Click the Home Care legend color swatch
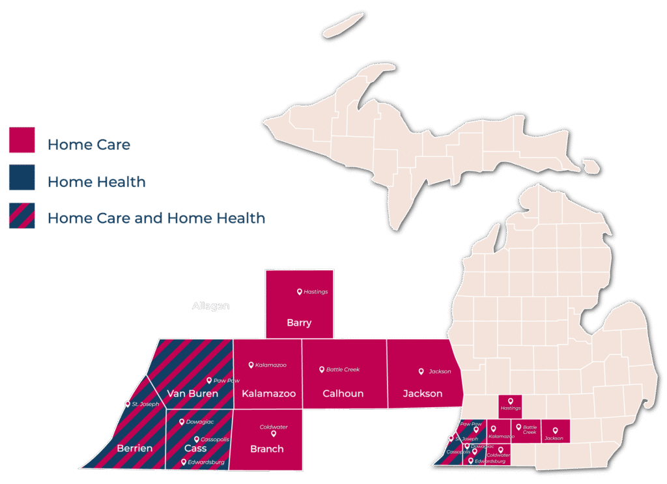tap(21, 140)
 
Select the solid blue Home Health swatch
tap(21, 177)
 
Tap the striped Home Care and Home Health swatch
tap(21, 215)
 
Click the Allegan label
tap(210, 306)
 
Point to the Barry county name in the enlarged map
tap(299, 322)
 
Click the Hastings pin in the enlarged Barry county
tap(300, 292)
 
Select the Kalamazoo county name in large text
tap(268, 393)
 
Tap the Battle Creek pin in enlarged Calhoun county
tap(322, 369)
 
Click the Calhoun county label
tap(343, 393)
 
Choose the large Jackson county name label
tap(422, 393)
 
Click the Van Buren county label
tap(192, 393)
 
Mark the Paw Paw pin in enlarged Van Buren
tap(209, 380)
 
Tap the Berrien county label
tap(134, 448)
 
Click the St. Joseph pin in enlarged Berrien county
tap(128, 404)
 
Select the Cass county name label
tap(195, 448)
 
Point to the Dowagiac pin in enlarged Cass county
tap(181, 422)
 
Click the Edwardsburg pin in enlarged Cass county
tap(184, 462)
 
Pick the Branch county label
tap(267, 448)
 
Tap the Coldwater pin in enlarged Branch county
tap(274, 433)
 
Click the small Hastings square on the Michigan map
tap(511, 404)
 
